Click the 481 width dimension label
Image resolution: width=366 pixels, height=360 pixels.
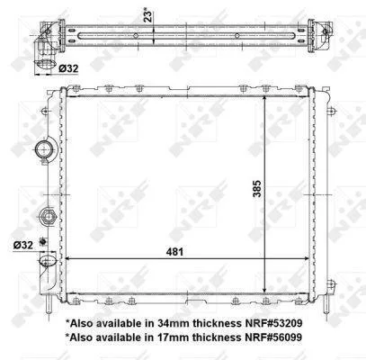point(174,251)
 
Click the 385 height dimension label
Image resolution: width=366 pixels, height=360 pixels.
point(257,188)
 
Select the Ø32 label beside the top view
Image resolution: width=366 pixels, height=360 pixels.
point(68,68)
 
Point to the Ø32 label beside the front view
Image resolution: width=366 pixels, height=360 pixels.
point(23,245)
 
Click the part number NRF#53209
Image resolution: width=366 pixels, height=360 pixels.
point(272,323)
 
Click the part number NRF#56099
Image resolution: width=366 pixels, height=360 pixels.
point(272,337)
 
